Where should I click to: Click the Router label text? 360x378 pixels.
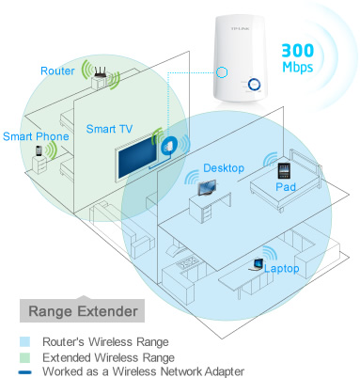coord(56,71)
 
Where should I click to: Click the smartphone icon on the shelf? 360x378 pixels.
coord(39,150)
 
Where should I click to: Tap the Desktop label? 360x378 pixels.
coord(224,167)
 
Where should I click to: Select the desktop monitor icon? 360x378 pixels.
coord(205,187)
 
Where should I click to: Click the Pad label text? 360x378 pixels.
coord(287,188)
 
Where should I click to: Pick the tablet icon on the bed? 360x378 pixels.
coord(284,171)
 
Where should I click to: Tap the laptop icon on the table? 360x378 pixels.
coord(256,263)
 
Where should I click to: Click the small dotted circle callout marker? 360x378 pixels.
coord(221,72)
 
